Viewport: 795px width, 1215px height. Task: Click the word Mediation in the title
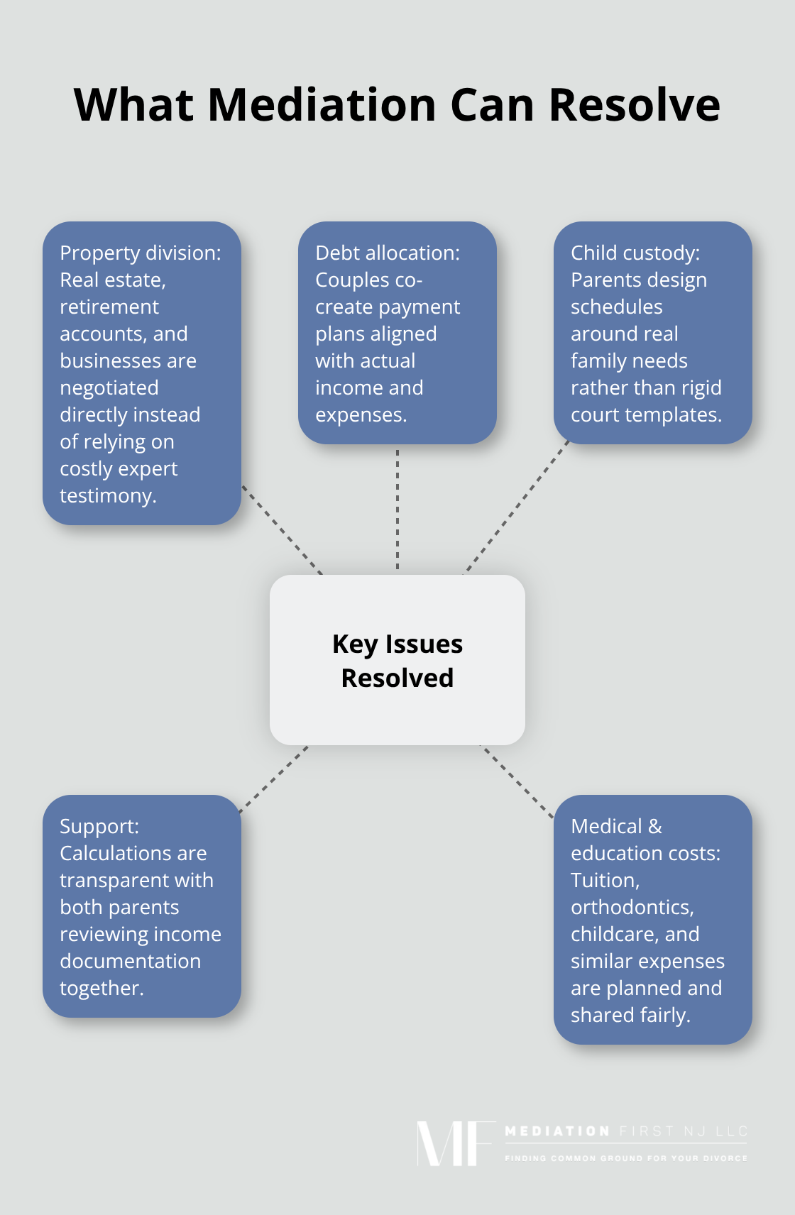click(321, 105)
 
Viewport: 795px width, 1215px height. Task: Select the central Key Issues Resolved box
click(397, 660)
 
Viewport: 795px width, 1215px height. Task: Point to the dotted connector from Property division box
click(282, 529)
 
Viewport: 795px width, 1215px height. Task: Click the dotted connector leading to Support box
click(275, 779)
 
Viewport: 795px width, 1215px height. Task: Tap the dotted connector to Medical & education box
click(517, 781)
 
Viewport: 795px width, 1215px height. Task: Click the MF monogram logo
click(455, 1143)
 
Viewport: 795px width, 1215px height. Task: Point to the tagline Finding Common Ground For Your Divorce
click(625, 1158)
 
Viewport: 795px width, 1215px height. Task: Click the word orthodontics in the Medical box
click(632, 907)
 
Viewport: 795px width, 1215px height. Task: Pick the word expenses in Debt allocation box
click(360, 414)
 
